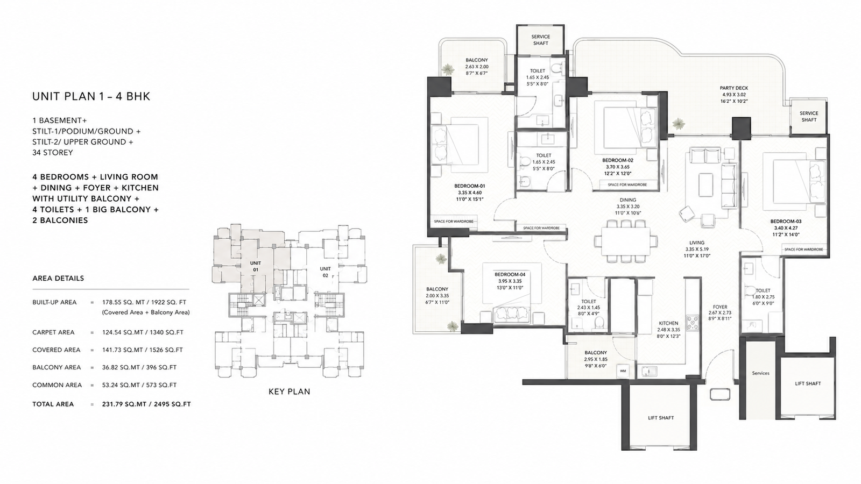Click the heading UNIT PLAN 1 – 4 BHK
(x=91, y=96)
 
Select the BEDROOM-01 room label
(x=470, y=186)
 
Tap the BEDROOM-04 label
(x=510, y=274)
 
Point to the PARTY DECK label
(x=734, y=88)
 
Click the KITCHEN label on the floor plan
(x=668, y=323)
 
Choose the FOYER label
(x=720, y=307)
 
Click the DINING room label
(x=627, y=200)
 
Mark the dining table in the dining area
(x=626, y=241)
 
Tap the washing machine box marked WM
(x=623, y=371)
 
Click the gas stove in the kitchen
(x=693, y=323)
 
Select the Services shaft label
(x=761, y=373)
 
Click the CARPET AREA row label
(x=53, y=332)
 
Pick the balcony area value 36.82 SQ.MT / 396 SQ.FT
(x=139, y=367)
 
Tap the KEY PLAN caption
(x=289, y=392)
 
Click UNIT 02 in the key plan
(x=325, y=272)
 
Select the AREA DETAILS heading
(x=58, y=278)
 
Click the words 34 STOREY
(x=53, y=153)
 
